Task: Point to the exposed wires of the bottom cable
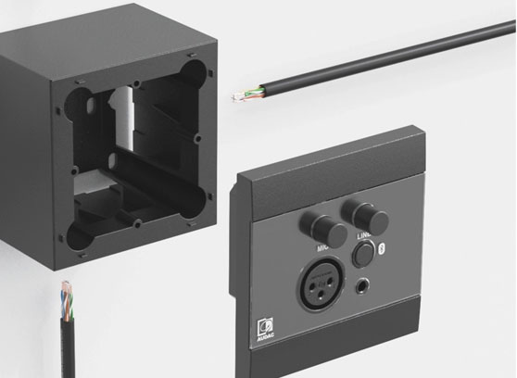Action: pos(67,295)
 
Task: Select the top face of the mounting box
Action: pos(111,28)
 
